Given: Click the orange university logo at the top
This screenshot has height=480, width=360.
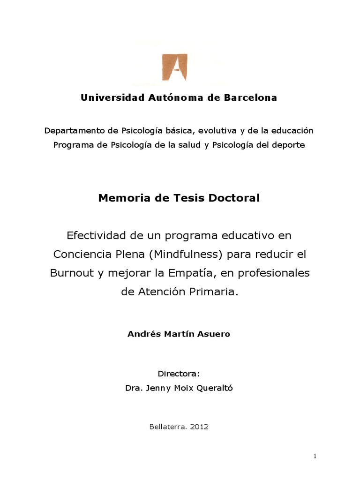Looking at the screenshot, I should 174,67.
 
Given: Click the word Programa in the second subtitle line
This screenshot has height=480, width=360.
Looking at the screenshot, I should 73,144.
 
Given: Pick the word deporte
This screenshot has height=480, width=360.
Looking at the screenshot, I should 287,144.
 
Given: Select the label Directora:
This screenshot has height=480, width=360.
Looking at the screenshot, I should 179,374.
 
